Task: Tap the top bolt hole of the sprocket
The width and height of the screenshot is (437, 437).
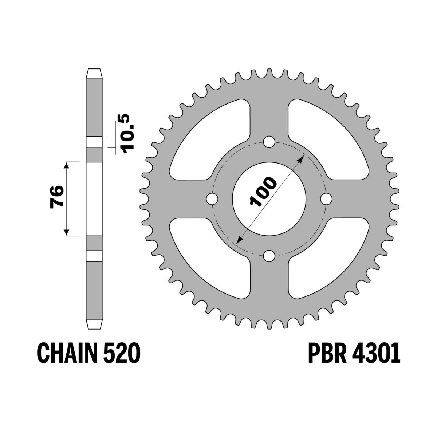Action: click(x=269, y=142)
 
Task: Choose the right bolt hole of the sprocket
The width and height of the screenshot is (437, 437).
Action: click(x=326, y=199)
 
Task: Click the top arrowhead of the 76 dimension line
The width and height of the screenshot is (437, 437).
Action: click(x=66, y=166)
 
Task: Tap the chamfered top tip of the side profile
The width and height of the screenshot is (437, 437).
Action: click(x=94, y=72)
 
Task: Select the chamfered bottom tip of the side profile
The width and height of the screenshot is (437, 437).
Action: click(x=94, y=324)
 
